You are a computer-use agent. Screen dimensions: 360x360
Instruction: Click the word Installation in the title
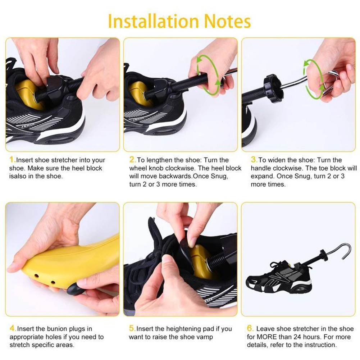pyautogui.click(x=153, y=21)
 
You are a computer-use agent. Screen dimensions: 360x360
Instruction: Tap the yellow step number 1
pyautogui.click(x=12, y=160)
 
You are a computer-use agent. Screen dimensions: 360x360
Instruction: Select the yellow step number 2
pyautogui.click(x=132, y=160)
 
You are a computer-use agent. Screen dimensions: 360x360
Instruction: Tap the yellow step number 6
pyautogui.click(x=250, y=328)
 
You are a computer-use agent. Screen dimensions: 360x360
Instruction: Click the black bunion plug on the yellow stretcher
pyautogui.click(x=74, y=290)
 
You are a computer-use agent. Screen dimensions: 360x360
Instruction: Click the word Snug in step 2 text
pyautogui.click(x=218, y=177)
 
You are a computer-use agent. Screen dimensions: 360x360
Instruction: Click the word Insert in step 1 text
pyautogui.click(x=24, y=160)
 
